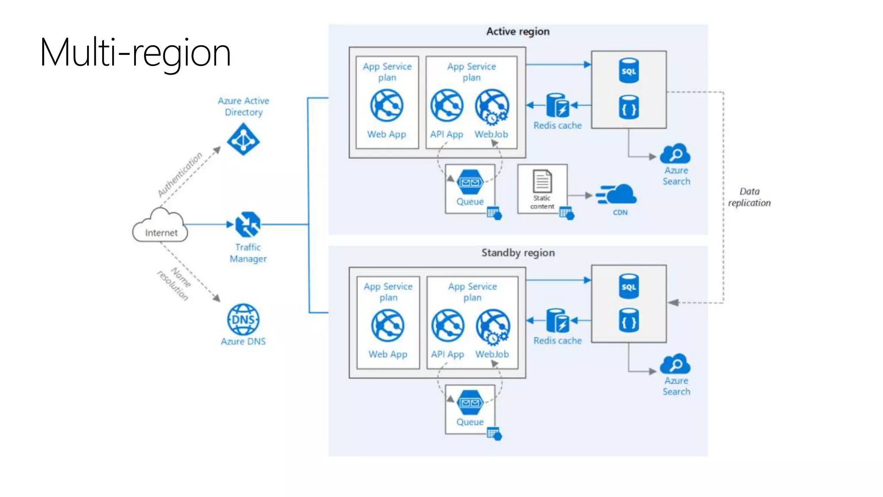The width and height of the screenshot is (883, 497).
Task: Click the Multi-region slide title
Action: click(135, 53)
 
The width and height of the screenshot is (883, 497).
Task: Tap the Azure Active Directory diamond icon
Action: click(243, 139)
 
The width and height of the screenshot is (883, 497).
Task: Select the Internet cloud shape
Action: click(160, 226)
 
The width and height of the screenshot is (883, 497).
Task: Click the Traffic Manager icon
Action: click(248, 224)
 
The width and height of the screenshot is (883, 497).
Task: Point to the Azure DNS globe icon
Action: click(243, 320)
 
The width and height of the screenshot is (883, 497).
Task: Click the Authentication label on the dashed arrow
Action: click(180, 174)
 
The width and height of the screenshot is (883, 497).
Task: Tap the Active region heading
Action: click(518, 31)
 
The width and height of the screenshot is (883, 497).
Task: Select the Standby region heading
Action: click(518, 253)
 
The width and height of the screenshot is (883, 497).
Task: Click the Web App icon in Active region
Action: click(387, 106)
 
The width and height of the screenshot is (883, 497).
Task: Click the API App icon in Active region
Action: click(447, 106)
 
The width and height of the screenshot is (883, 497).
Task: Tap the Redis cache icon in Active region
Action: click(557, 106)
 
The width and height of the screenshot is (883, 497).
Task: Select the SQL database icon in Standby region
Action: click(629, 286)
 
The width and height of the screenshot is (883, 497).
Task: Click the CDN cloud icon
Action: click(617, 195)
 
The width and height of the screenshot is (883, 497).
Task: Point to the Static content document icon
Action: click(542, 181)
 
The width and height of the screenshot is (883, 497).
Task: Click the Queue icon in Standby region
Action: click(470, 403)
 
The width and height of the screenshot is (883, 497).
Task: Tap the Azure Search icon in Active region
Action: click(675, 154)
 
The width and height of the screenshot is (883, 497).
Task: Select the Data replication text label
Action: click(749, 197)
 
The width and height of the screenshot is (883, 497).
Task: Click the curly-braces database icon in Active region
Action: click(629, 107)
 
